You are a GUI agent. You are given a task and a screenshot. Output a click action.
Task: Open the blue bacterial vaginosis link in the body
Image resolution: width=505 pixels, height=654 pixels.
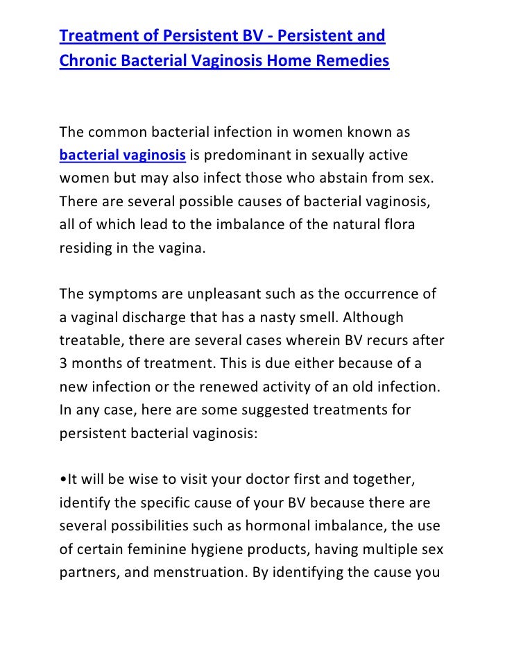[123, 153]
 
